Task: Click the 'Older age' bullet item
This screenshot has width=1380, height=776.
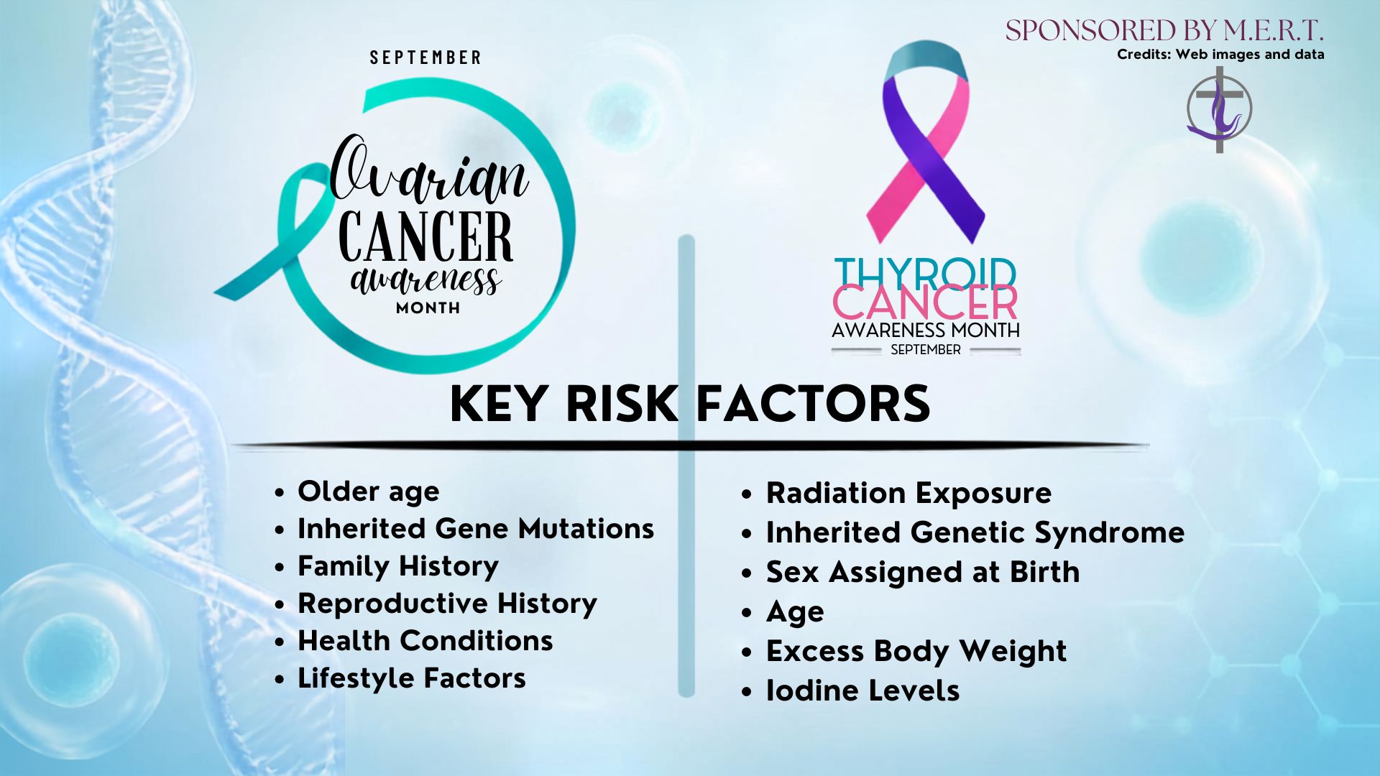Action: (368, 492)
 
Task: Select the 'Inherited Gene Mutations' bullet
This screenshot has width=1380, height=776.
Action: (476, 530)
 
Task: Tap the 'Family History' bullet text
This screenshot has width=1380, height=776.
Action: (398, 567)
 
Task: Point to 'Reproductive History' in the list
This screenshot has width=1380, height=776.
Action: (447, 604)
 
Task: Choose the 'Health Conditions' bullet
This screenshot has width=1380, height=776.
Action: (425, 641)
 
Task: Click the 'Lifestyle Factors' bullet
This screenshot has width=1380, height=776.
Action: (412, 679)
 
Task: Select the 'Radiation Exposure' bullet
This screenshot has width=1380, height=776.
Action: (908, 494)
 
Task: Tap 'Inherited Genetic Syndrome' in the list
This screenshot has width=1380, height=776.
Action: (975, 533)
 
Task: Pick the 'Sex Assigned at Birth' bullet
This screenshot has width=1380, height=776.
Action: (923, 573)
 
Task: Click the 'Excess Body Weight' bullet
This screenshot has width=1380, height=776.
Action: (916, 652)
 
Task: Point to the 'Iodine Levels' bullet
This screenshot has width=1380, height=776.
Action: (862, 690)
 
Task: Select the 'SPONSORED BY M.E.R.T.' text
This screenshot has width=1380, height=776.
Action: (1164, 31)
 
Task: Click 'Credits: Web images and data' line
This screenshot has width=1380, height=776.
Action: (1220, 55)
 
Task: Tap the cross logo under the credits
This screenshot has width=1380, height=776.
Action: (1219, 109)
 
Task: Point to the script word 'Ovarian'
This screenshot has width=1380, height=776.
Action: (430, 169)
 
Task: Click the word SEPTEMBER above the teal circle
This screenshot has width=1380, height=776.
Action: (425, 57)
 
